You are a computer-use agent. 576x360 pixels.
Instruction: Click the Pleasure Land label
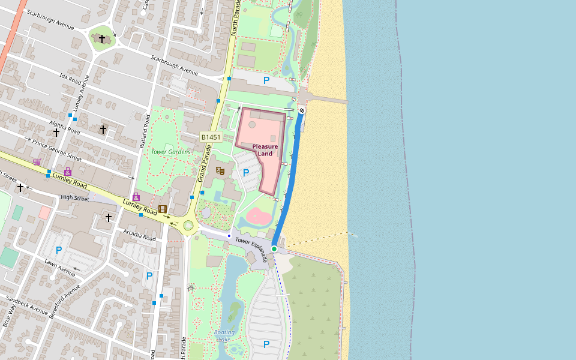pos(265,150)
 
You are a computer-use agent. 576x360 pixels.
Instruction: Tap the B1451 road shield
pos(211,137)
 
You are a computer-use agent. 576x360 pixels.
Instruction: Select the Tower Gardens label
pos(170,152)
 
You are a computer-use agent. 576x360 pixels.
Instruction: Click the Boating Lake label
pos(224,335)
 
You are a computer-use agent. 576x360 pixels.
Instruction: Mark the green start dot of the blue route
pos(274,248)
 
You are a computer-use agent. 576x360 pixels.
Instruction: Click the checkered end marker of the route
pos(302,110)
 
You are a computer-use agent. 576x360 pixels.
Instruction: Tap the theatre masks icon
pos(220,172)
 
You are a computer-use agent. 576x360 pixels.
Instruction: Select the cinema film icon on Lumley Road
pos(162,209)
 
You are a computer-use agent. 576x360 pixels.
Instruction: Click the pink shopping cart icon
pos(37,161)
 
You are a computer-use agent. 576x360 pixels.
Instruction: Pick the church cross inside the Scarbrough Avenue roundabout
pos(102,39)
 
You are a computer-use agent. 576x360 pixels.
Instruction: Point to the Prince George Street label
pos(56,150)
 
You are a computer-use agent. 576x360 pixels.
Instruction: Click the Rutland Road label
pos(143,130)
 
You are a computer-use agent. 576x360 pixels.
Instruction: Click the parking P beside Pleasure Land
pos(245,173)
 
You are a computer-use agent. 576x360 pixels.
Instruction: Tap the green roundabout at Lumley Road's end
pos(189,226)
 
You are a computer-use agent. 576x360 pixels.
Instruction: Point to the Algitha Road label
pos(64,127)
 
